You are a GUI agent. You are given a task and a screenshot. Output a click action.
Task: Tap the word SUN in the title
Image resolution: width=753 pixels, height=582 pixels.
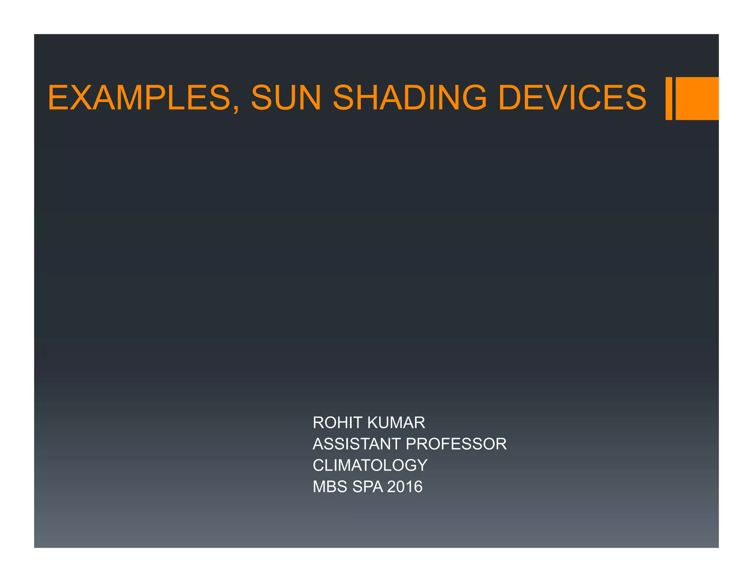point(286,97)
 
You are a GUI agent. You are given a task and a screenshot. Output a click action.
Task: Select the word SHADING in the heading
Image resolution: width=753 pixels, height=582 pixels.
point(410,97)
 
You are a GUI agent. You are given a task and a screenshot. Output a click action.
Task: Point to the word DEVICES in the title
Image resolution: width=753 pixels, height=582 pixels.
point(572,97)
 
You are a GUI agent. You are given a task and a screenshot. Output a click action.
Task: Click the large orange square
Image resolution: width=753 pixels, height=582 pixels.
point(697,98)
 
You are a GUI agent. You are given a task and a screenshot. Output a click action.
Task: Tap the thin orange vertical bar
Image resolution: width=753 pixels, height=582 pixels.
point(668,98)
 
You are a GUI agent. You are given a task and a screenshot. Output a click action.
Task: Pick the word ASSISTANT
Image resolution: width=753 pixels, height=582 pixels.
point(356,444)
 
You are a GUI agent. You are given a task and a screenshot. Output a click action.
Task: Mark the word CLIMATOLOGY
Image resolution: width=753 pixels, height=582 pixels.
point(370,465)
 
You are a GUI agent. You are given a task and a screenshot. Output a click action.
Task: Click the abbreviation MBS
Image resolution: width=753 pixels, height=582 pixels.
point(330,487)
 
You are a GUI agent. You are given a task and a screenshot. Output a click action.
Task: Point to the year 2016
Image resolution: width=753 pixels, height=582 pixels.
point(405,487)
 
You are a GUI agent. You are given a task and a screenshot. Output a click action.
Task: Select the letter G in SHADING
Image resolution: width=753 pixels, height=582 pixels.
point(472,97)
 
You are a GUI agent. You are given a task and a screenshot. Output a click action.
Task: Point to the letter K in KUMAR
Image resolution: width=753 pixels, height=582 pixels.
point(373,423)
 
